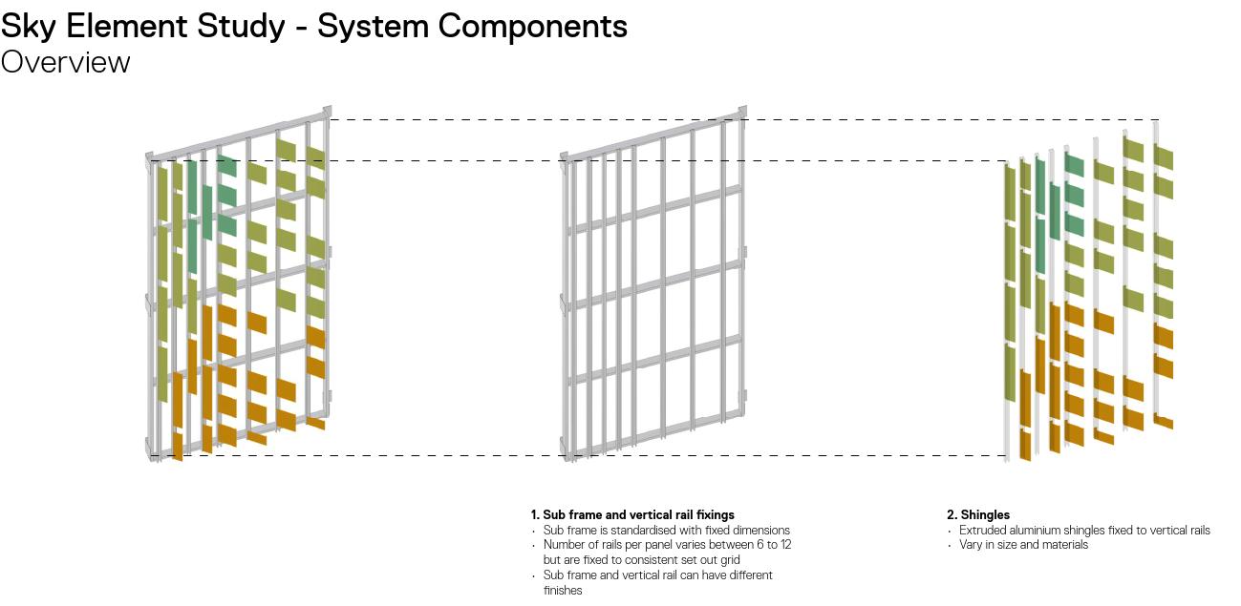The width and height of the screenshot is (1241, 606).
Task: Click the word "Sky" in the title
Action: tap(30, 26)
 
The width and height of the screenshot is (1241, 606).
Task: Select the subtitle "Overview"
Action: tap(65, 62)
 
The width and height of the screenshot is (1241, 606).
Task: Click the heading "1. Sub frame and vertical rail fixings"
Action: tap(632, 515)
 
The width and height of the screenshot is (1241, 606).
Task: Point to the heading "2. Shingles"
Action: tap(978, 515)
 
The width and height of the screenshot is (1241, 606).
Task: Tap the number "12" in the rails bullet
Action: tap(784, 545)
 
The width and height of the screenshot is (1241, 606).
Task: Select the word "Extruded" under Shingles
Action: tap(982, 531)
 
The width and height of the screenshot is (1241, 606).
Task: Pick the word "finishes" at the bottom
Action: tap(563, 591)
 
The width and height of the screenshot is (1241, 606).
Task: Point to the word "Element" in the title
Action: tap(128, 26)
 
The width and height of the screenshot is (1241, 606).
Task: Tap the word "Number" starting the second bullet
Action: tap(564, 545)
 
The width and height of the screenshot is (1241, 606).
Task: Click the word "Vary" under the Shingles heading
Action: tap(971, 545)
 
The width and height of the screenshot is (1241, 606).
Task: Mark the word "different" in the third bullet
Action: tap(748, 575)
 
